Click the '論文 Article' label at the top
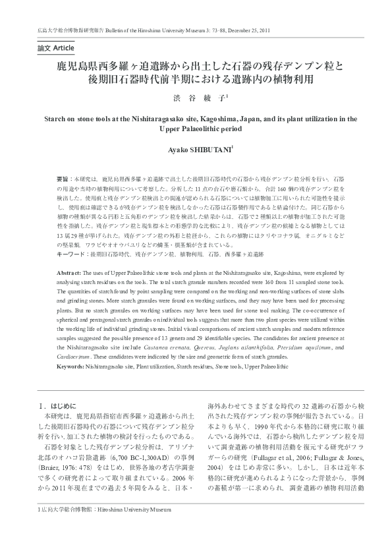pos(55,49)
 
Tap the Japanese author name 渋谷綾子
pos(195,96)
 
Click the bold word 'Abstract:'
pos(69,272)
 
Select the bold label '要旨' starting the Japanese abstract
pos(63,179)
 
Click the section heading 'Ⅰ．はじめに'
pos(59,407)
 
